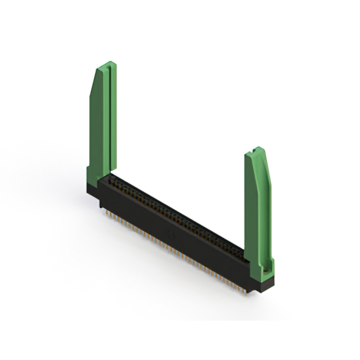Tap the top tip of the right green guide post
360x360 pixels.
coord(257,149)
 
